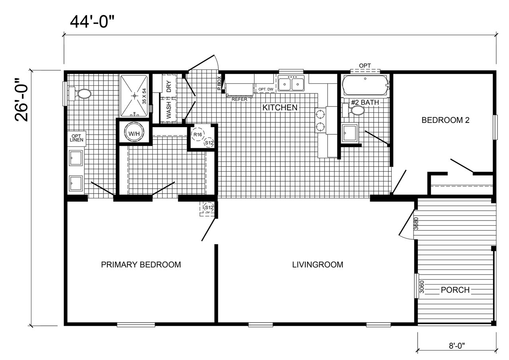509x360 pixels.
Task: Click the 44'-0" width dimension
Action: tap(92, 22)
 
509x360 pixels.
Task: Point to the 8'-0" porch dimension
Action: tap(457, 346)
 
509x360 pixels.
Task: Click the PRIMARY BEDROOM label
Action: tap(141, 265)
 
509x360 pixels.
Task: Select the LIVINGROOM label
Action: tap(317, 265)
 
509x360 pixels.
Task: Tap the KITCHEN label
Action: tap(280, 108)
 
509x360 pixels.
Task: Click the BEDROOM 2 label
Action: tap(445, 120)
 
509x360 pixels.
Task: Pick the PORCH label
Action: tap(455, 290)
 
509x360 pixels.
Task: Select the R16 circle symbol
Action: tap(198, 134)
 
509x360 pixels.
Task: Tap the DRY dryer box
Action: tap(169, 87)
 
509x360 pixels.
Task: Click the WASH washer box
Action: tap(169, 110)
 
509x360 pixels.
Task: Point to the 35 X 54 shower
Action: tap(134, 96)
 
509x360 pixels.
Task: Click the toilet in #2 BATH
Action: tap(354, 110)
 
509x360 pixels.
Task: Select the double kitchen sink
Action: tap(291, 83)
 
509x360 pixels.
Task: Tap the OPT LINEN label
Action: tap(77, 138)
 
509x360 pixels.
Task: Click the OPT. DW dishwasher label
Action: tap(266, 89)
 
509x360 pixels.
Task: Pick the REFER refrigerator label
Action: tap(239, 99)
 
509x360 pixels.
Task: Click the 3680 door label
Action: tap(416, 224)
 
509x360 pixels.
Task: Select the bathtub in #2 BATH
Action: tap(365, 85)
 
